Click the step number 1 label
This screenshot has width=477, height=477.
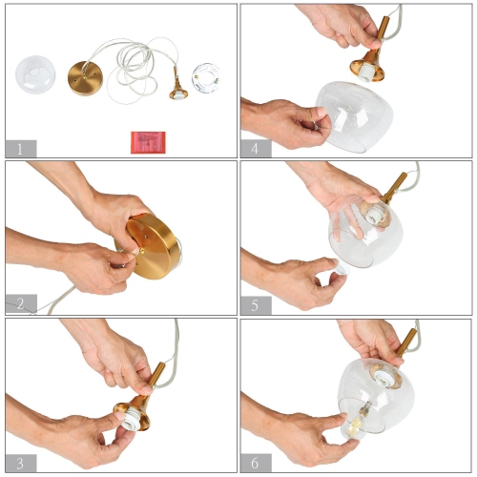(20, 148)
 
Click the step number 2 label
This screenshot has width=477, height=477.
(20, 304)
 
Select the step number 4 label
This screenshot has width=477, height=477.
(256, 148)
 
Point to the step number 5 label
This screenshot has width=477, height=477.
(256, 304)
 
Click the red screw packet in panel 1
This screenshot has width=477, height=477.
(146, 141)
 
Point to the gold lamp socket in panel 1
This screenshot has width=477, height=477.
(176, 84)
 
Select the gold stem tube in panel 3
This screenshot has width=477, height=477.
(156, 376)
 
